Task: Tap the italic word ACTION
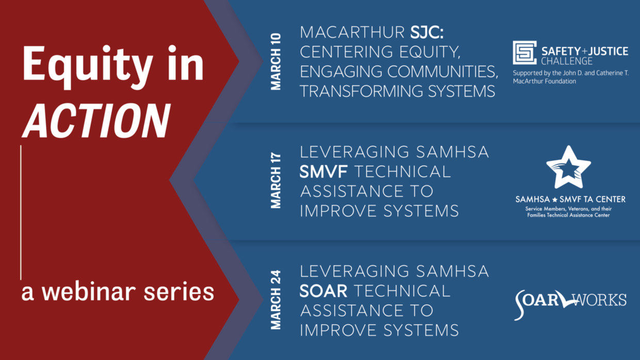[97, 121]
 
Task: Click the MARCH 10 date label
[276, 62]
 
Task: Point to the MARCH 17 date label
[276, 181]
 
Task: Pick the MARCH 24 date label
[276, 300]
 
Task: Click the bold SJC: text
[427, 32]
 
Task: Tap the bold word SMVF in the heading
[324, 172]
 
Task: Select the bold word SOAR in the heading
[324, 291]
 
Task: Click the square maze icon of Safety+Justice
[524, 53]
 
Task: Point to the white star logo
[568, 168]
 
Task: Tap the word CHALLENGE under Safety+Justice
[567, 61]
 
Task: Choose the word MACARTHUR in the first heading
[352, 32]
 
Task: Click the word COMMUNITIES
[443, 72]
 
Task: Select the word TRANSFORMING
[361, 91]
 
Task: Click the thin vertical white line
[21, 212]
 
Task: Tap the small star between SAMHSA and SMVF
[554, 200]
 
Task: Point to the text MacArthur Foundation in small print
[545, 81]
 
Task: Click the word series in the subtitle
[179, 292]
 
